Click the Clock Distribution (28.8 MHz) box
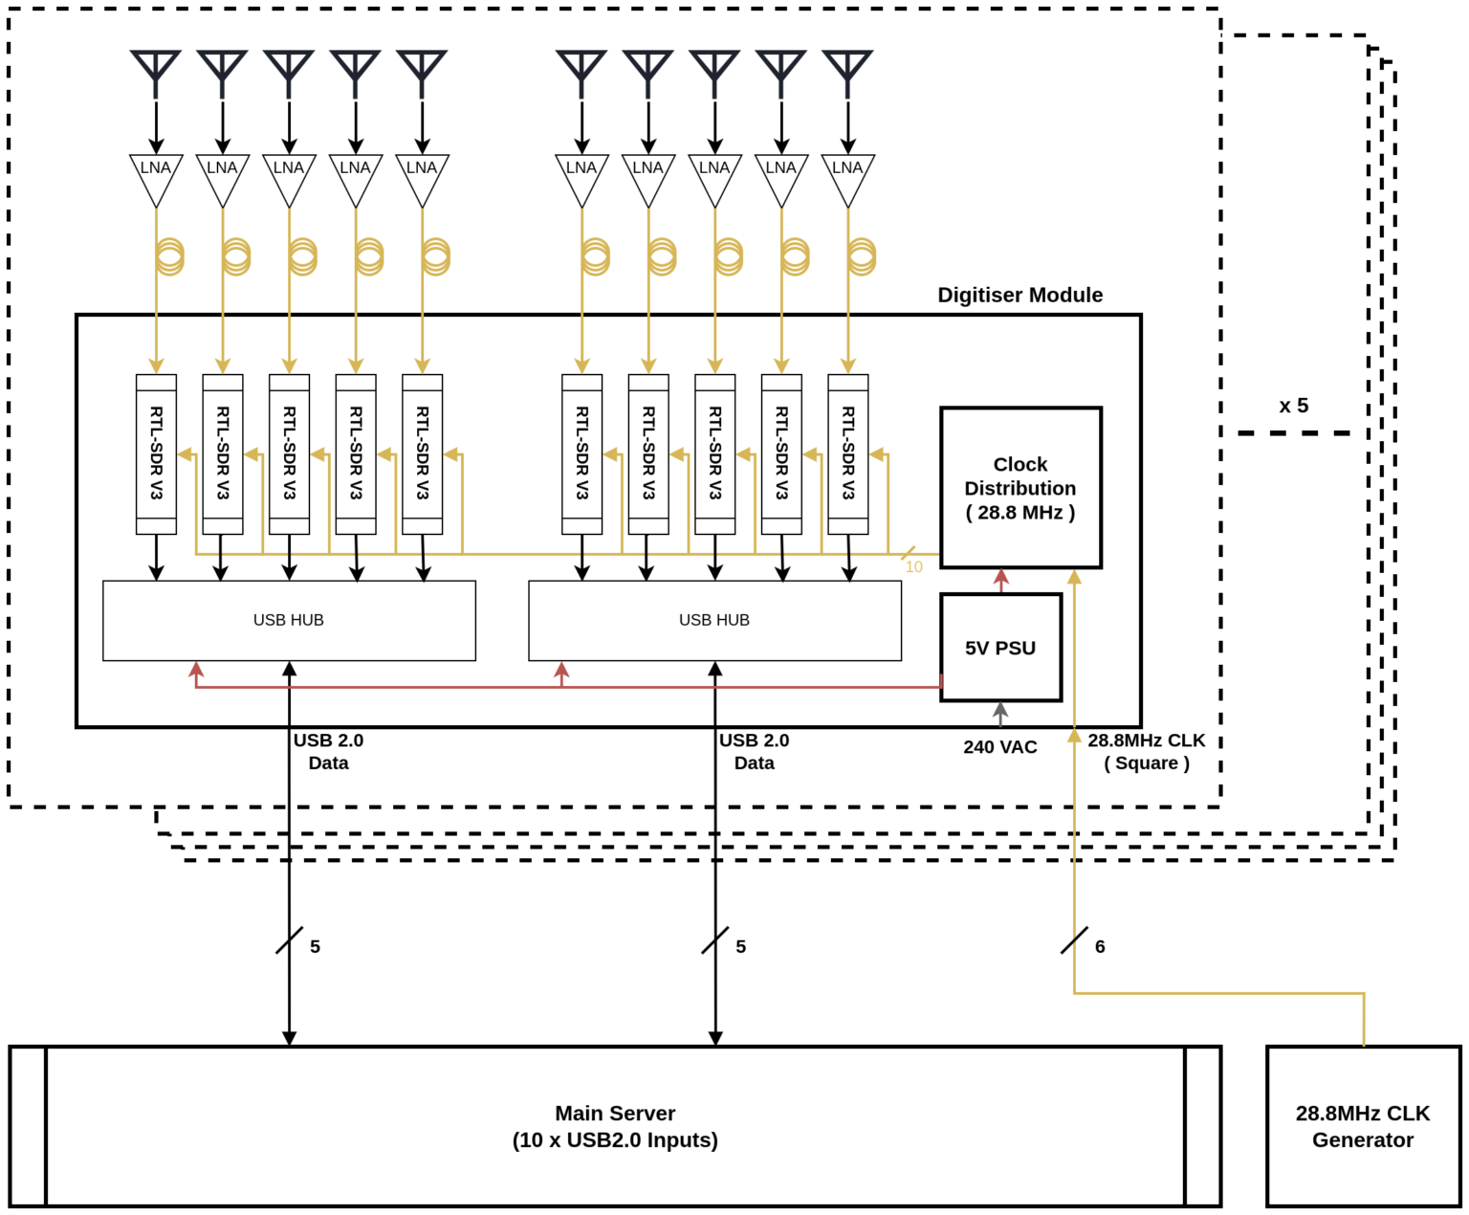[1020, 488]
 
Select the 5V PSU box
[1000, 648]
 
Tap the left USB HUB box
[289, 620]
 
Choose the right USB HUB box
[714, 620]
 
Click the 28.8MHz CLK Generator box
[1362, 1126]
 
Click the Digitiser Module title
[1020, 295]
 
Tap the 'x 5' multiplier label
[1293, 406]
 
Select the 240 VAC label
[999, 747]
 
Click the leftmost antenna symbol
[156, 69]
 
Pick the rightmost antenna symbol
[847, 69]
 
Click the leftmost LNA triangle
[156, 176]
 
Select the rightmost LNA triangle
[847, 176]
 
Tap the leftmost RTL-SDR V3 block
[156, 453]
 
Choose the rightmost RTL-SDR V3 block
[847, 453]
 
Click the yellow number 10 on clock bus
[913, 567]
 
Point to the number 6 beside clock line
[1100, 946]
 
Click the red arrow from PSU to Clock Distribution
[1001, 581]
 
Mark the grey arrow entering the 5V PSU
[1000, 714]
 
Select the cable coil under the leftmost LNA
[169, 256]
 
